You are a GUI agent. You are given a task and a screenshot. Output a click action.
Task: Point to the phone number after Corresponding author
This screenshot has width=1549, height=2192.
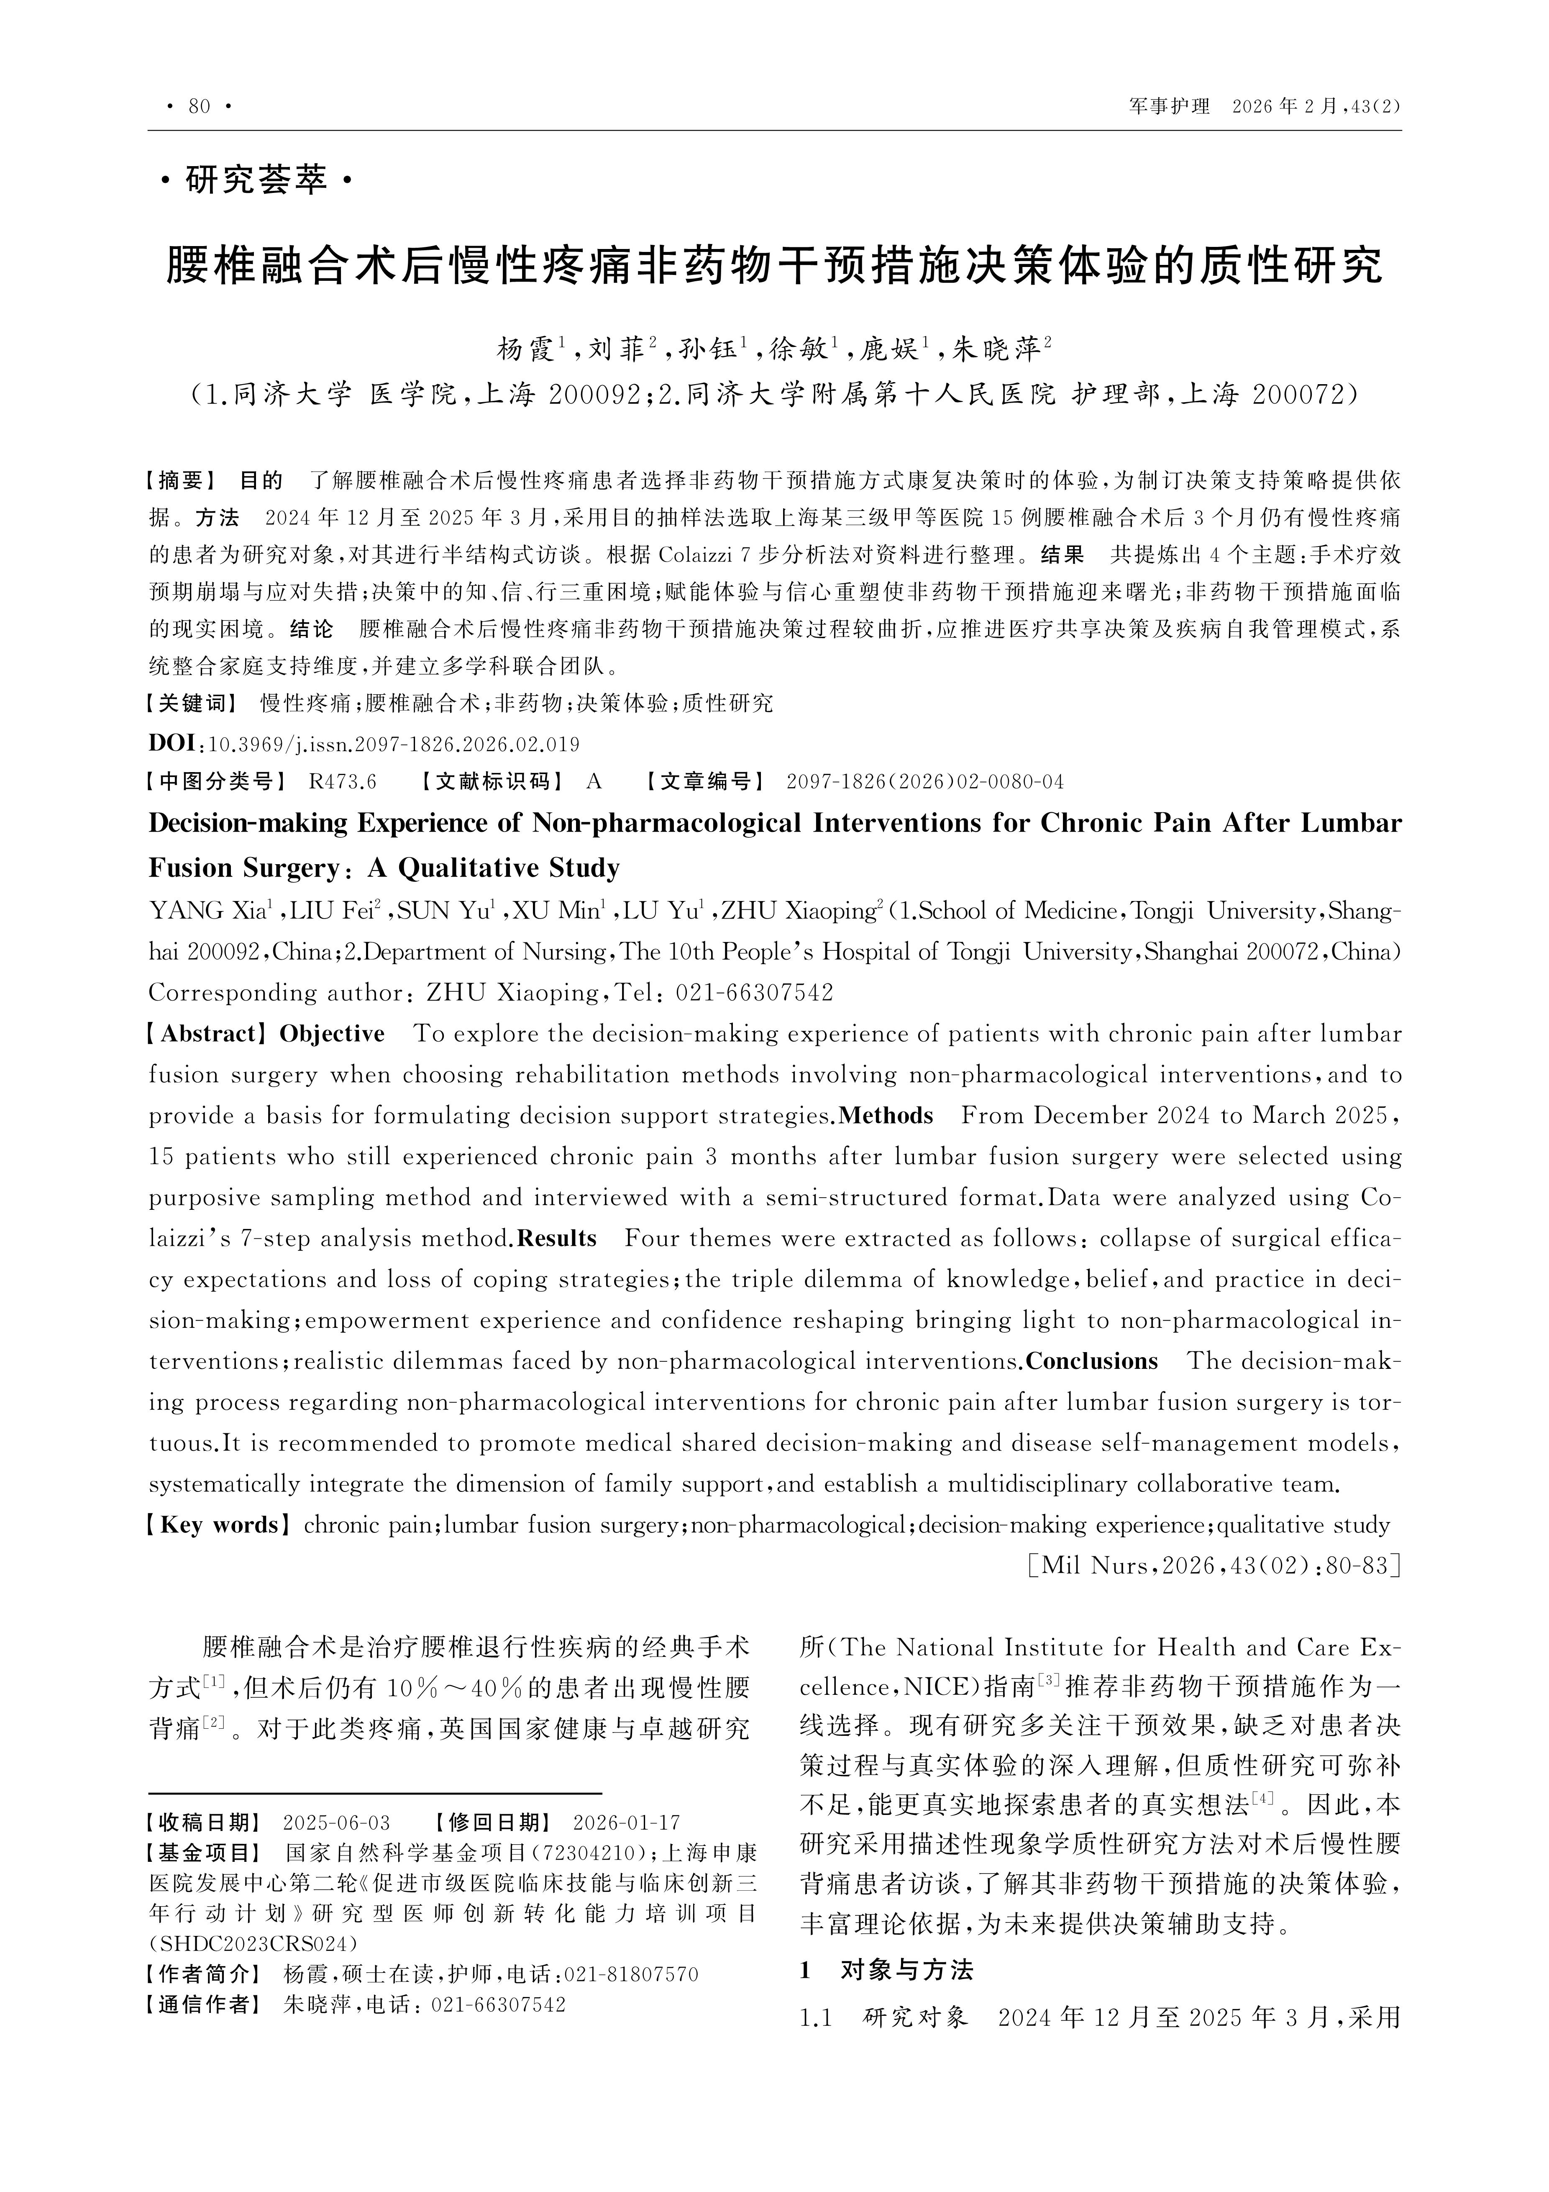click(754, 993)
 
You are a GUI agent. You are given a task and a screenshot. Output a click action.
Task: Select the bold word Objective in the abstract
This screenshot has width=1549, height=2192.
click(332, 1034)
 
